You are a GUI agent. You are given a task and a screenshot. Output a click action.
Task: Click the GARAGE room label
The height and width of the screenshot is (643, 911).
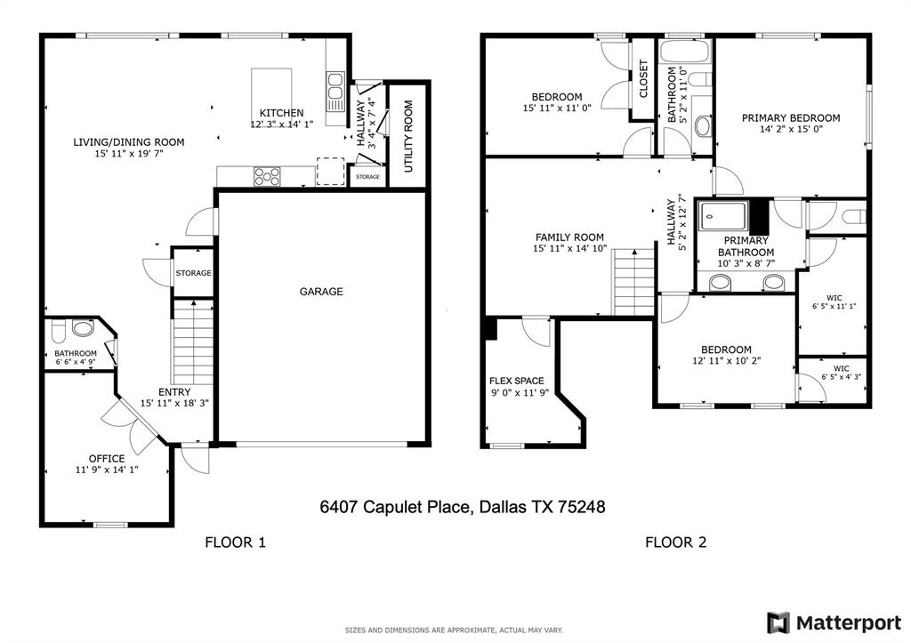pyautogui.click(x=321, y=292)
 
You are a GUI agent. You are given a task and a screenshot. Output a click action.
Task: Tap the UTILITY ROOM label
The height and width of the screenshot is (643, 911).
pyautogui.click(x=407, y=136)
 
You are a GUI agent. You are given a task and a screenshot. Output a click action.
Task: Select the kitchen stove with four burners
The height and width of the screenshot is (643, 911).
pyautogui.click(x=267, y=176)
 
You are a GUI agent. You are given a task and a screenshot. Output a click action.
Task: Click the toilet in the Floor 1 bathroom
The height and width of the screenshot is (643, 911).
pyautogui.click(x=58, y=331)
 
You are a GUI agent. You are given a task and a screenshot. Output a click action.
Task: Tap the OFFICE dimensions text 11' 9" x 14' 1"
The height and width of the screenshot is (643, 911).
pyautogui.click(x=107, y=470)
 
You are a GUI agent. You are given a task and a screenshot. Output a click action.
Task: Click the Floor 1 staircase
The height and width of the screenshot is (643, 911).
pyautogui.click(x=193, y=342)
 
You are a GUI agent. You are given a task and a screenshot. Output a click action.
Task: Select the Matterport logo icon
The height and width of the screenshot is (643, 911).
pyautogui.click(x=778, y=623)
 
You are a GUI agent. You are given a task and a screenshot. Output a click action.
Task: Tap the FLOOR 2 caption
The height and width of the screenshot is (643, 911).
pyautogui.click(x=676, y=543)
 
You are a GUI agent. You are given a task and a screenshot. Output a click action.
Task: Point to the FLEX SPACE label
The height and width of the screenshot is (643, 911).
pyautogui.click(x=517, y=381)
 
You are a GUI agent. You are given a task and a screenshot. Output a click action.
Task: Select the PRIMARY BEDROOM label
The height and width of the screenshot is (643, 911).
pyautogui.click(x=791, y=118)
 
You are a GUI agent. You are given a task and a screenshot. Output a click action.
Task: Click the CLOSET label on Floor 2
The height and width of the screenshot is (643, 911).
pyautogui.click(x=643, y=79)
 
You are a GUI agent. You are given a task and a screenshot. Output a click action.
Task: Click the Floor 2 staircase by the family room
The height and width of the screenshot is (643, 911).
pyautogui.click(x=633, y=282)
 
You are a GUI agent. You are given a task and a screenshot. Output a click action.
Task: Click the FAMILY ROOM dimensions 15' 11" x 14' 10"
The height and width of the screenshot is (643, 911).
pyautogui.click(x=570, y=249)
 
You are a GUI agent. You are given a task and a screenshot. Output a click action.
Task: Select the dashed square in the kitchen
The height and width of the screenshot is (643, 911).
pyautogui.click(x=331, y=172)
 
